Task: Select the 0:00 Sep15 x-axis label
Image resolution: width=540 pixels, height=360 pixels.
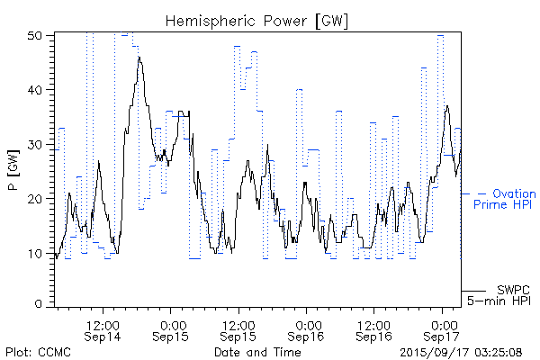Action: pos(170,330)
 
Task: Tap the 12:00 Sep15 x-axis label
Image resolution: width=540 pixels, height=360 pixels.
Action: pos(238,330)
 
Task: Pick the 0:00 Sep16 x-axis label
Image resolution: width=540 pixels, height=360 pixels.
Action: pos(306,330)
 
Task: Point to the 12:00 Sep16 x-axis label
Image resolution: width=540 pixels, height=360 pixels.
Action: pos(373,330)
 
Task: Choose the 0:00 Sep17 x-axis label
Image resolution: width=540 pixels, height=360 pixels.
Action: pos(442,330)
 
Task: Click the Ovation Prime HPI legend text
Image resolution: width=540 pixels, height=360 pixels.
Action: pos(504,199)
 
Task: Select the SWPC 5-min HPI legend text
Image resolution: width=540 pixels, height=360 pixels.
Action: pos(500,295)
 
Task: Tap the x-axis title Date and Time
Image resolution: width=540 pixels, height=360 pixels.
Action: pos(257,352)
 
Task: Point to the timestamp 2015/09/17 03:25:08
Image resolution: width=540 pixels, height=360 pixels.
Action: pos(460,352)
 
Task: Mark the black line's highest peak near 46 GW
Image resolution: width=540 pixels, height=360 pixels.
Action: pos(139,57)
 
